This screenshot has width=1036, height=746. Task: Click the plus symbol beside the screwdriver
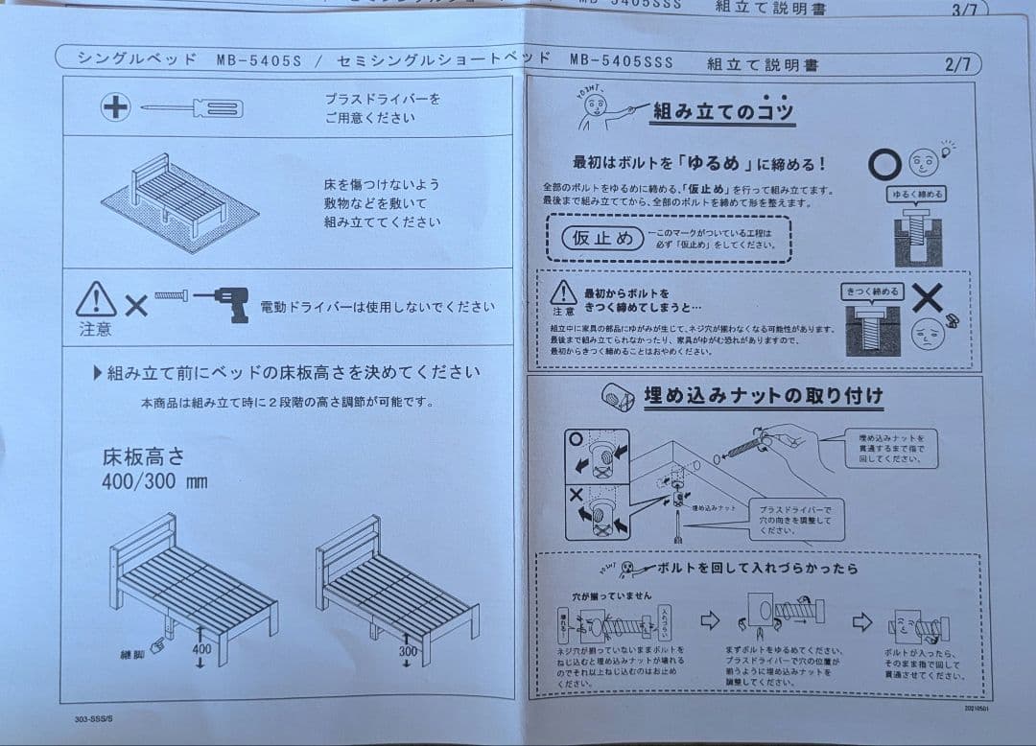tap(115, 107)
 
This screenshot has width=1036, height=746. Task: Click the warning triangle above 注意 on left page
tap(96, 300)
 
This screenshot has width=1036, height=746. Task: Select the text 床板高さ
tap(144, 455)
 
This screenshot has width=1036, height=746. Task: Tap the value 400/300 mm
tap(154, 480)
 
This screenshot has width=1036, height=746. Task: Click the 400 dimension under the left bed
tap(200, 649)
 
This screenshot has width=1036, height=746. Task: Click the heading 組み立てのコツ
tap(723, 111)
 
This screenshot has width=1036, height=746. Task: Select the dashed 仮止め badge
tap(602, 239)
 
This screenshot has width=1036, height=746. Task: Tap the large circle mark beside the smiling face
tap(883, 164)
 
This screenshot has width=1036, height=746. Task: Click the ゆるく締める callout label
tap(915, 194)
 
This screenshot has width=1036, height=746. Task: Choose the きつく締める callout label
tap(872, 291)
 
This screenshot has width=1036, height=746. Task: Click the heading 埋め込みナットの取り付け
tap(763, 395)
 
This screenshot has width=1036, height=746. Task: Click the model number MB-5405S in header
tap(258, 60)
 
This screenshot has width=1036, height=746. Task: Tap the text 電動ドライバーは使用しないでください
tap(378, 308)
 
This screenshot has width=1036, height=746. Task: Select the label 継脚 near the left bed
tap(132, 655)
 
